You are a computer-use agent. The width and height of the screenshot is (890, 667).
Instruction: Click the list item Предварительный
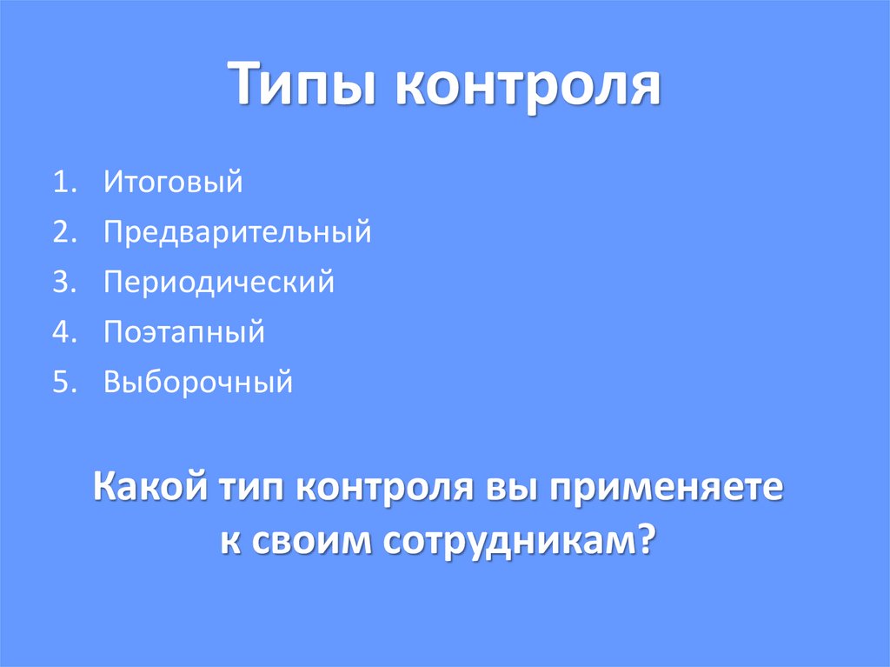237,232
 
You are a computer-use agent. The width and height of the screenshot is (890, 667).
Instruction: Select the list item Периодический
218,283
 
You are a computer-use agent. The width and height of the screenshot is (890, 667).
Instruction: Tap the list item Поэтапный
183,332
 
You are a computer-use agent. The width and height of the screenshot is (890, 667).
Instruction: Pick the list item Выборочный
198,383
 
